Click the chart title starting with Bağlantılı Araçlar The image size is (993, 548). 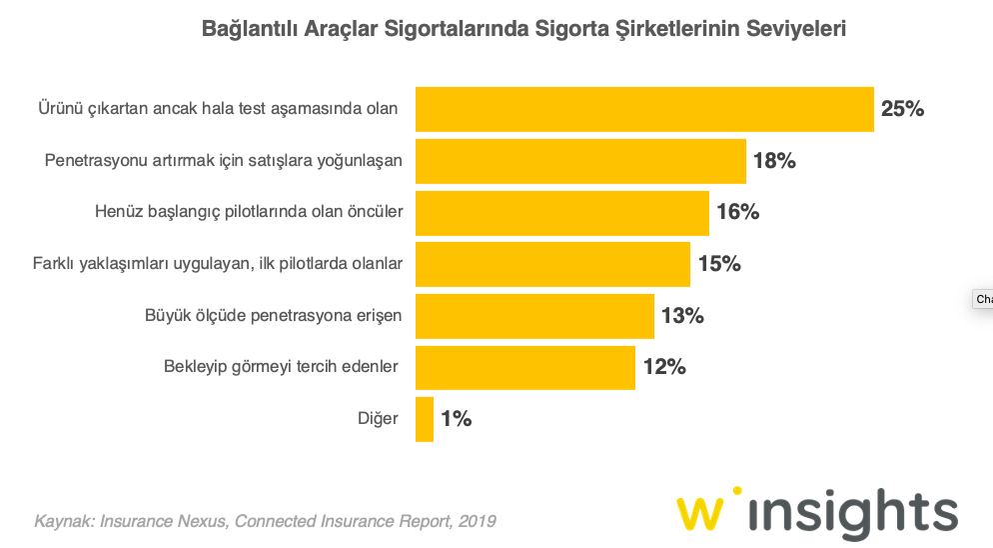pos(523,29)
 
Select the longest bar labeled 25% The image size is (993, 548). pos(644,109)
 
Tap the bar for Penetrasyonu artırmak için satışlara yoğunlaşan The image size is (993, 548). pos(580,161)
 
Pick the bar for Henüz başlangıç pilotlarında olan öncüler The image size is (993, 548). pos(561,212)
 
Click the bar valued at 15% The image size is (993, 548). pos(552,264)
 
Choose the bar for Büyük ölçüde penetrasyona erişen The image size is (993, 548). pos(534,316)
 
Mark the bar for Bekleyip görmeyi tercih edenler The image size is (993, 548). pos(525,367)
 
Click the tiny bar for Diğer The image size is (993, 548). pos(425,419)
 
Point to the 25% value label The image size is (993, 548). pos(902,109)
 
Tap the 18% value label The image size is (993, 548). pos(774,161)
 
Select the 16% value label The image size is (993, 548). pos(737,212)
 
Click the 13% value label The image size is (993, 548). pos(682,316)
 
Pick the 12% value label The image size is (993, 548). pos(663,367)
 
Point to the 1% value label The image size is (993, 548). pos(456,419)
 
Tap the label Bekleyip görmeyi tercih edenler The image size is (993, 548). pos(282,367)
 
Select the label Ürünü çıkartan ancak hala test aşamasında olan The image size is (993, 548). pos(218,108)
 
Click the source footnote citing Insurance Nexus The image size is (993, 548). pos(265,521)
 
